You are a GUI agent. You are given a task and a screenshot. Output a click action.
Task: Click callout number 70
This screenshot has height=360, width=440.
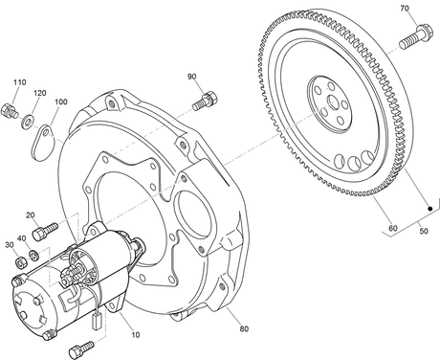405,9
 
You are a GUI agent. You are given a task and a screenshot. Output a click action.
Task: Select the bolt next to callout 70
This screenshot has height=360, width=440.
416,36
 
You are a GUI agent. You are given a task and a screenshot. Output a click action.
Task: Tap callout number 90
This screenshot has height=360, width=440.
192,77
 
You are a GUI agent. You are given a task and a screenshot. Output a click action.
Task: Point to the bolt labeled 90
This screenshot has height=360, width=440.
205,101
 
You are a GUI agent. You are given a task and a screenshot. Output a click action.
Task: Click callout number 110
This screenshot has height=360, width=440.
19,82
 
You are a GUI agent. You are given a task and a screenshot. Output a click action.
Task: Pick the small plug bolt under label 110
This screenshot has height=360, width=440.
10,111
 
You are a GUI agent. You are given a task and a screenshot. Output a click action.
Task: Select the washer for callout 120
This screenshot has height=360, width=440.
29,122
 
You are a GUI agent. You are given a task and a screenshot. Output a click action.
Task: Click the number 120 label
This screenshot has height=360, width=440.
40,93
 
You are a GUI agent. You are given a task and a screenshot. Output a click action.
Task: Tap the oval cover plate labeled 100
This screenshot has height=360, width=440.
43,143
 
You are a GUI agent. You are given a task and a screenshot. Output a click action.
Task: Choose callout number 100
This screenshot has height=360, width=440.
61,101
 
